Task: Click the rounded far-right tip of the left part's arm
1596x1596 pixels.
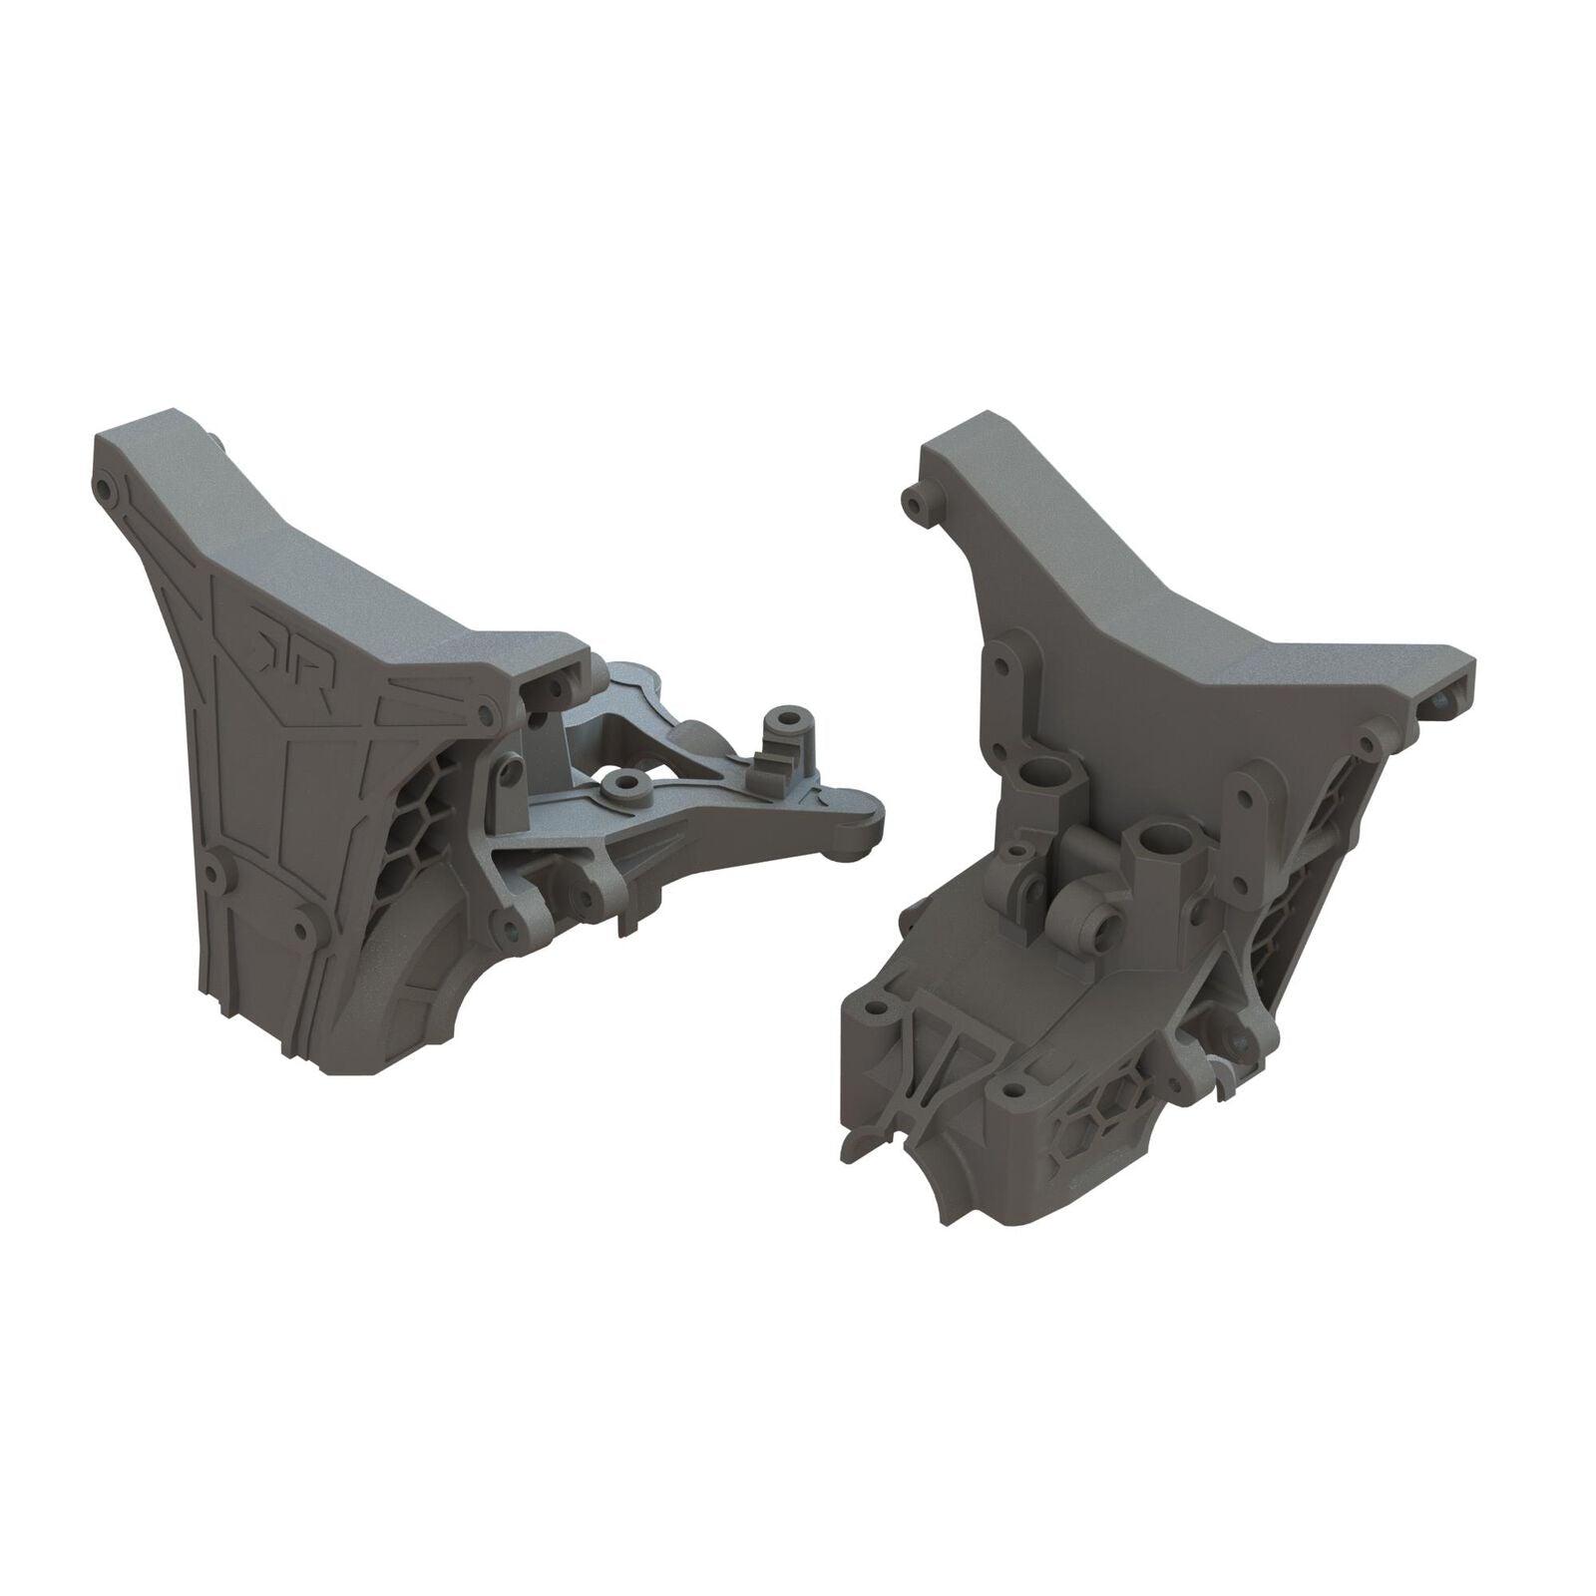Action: [870, 828]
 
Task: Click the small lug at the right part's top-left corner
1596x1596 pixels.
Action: [911, 498]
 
